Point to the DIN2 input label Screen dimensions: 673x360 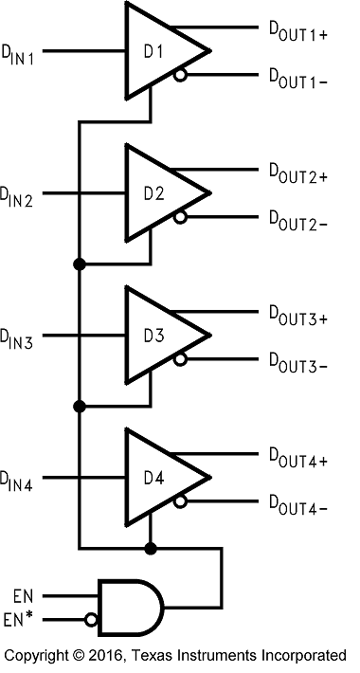tap(18, 197)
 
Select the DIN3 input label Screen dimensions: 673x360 tap(18, 339)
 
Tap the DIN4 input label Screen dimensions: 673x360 tap(18, 482)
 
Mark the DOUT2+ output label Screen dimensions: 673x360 tap(297, 175)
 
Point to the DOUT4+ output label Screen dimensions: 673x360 tap(297, 461)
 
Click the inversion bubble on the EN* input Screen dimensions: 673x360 tap(90, 620)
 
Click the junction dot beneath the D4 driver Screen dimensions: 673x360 tap(150, 548)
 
